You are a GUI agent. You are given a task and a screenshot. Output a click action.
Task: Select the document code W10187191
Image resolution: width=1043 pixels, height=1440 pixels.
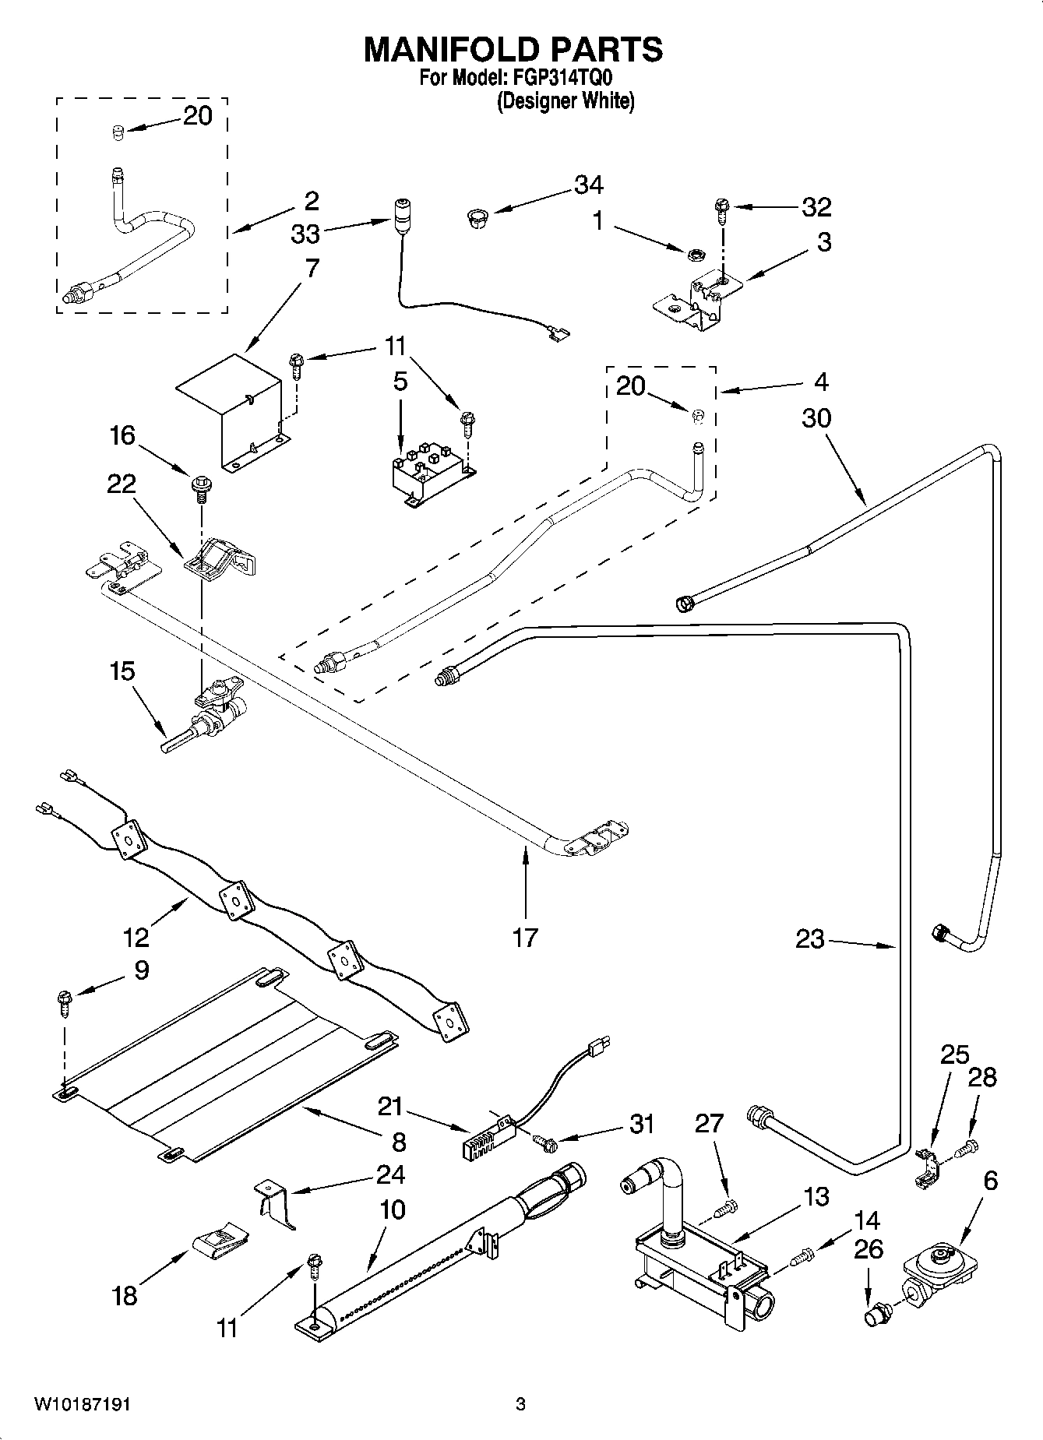pyautogui.click(x=82, y=1404)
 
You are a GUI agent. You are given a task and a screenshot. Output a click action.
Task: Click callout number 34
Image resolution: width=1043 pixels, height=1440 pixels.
pyautogui.click(x=588, y=185)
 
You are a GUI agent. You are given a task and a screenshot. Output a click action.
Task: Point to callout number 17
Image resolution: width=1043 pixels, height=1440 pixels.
pyautogui.click(x=525, y=937)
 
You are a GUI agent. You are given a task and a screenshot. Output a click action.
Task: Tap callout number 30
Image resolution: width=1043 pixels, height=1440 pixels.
pyautogui.click(x=816, y=418)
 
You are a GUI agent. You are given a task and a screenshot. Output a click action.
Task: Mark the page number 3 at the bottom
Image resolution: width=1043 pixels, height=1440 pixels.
pyautogui.click(x=520, y=1404)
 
